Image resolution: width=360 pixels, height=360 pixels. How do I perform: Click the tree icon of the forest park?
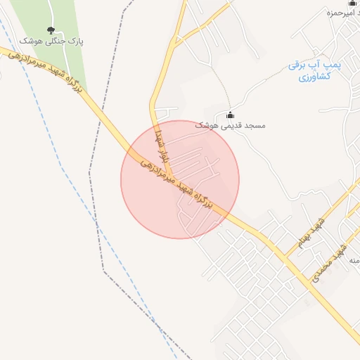(x=50, y=30)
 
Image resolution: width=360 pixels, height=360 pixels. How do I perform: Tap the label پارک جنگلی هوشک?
(x=51, y=42)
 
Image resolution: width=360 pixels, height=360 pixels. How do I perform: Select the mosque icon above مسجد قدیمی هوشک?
(x=231, y=115)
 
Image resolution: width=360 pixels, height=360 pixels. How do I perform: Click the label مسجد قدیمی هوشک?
(x=231, y=125)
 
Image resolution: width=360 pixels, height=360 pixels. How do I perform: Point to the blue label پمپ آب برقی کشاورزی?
(x=314, y=70)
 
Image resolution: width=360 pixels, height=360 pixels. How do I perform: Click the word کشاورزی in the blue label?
(x=314, y=77)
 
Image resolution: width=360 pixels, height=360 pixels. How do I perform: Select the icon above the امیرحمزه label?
(x=352, y=3)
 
